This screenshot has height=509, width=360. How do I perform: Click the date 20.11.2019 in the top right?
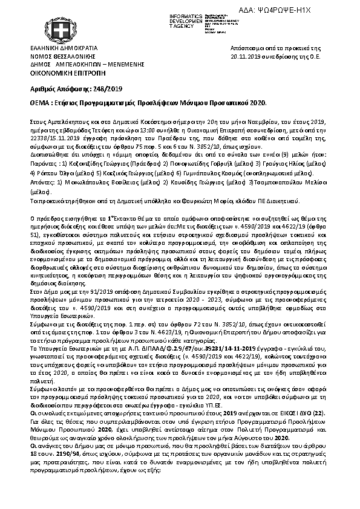coord(246,55)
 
